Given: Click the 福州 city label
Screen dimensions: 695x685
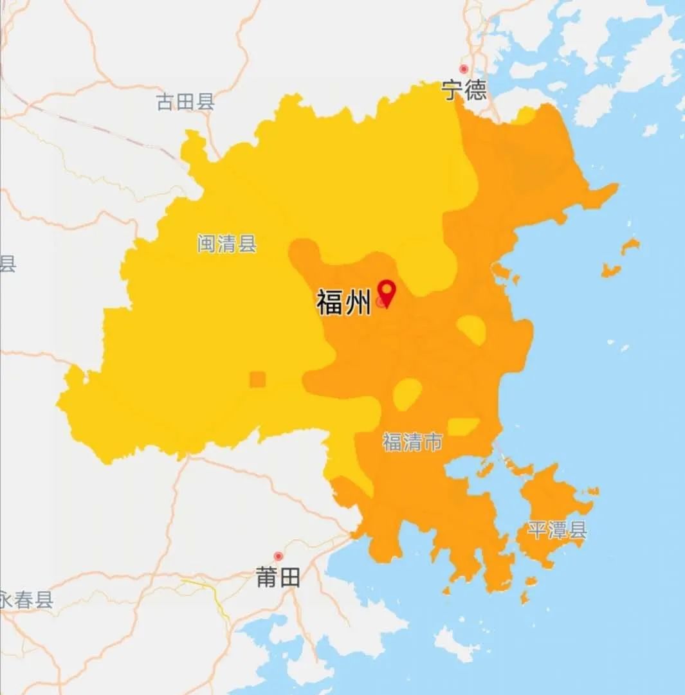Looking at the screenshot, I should point(343,302).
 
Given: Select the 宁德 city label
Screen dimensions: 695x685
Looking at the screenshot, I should point(464,90).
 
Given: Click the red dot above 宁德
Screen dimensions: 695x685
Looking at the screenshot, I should point(463,69).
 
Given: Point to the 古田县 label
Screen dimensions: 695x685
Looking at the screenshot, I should point(185,102).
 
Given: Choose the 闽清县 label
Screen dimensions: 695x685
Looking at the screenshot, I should point(227,244).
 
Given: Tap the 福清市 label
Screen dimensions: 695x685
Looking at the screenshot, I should point(412,442).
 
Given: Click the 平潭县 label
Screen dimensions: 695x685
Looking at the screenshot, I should point(557,530).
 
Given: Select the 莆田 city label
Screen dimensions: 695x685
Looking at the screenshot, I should point(278,577).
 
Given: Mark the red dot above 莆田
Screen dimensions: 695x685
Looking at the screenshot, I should point(279,556).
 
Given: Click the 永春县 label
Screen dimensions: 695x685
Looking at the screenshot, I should point(26,600).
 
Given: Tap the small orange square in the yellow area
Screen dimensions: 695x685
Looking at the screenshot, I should point(257,379).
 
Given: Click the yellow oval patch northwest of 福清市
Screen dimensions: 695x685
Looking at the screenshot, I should point(408,393).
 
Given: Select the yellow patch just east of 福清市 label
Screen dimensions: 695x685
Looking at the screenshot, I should point(462,426).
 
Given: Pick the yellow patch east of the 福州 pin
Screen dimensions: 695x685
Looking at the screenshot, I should point(472,329).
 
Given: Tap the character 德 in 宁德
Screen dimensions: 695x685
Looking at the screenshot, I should point(476,90).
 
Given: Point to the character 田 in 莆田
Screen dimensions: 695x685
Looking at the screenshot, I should point(289,577).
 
